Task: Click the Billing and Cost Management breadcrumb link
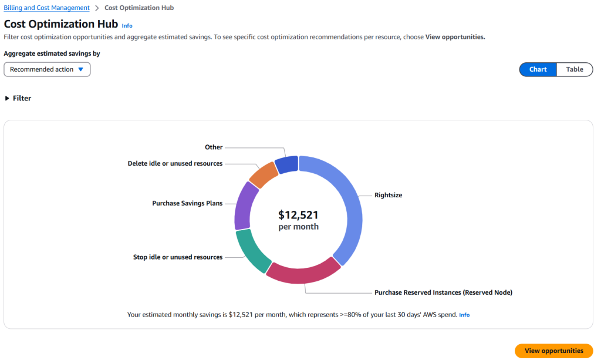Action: (47, 8)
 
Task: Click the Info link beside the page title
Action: (127, 26)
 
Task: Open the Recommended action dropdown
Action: (47, 69)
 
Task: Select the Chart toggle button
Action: (538, 69)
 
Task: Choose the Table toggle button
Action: (574, 69)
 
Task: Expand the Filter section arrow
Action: (8, 99)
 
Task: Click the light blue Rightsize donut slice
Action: (346, 206)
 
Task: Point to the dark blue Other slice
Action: (286, 164)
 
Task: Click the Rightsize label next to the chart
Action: (388, 195)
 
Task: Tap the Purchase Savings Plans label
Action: (187, 204)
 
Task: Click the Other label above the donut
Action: (214, 147)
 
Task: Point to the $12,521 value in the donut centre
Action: (298, 215)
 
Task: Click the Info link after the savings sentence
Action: (464, 315)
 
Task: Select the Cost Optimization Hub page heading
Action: (61, 25)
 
